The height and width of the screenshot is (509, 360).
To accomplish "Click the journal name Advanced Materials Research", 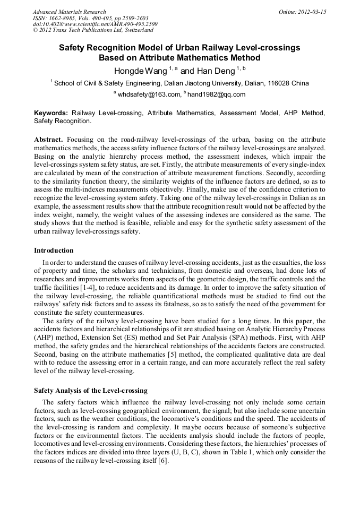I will click(x=69, y=12).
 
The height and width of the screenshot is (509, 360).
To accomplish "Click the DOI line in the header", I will click(x=95, y=24).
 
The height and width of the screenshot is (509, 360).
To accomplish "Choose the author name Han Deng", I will click(x=215, y=71).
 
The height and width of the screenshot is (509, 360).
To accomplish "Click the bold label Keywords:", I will click(x=51, y=114).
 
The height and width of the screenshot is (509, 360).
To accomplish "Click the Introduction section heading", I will click(x=54, y=251).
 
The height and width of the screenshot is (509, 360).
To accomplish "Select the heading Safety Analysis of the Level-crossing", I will click(x=91, y=391).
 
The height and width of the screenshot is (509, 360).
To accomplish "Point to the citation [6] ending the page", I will click(x=163, y=461).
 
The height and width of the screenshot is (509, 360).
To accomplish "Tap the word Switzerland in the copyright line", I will click(x=130, y=31).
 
